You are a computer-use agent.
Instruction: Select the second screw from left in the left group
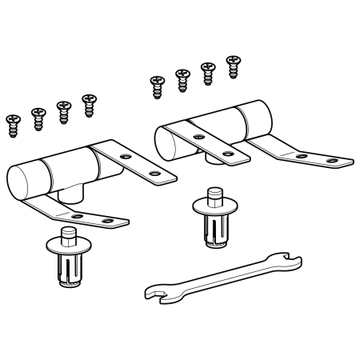[38, 117]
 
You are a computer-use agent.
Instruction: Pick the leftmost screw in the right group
[156, 84]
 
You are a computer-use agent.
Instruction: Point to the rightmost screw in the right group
[233, 65]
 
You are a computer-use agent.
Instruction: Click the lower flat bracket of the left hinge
[88, 216]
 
